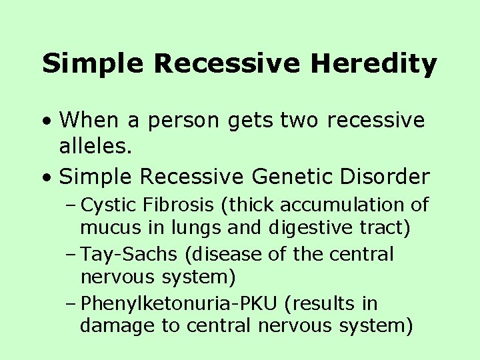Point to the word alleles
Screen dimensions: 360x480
click(x=95, y=147)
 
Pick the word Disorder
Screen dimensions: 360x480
click(x=390, y=177)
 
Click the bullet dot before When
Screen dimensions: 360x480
click(x=45, y=121)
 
